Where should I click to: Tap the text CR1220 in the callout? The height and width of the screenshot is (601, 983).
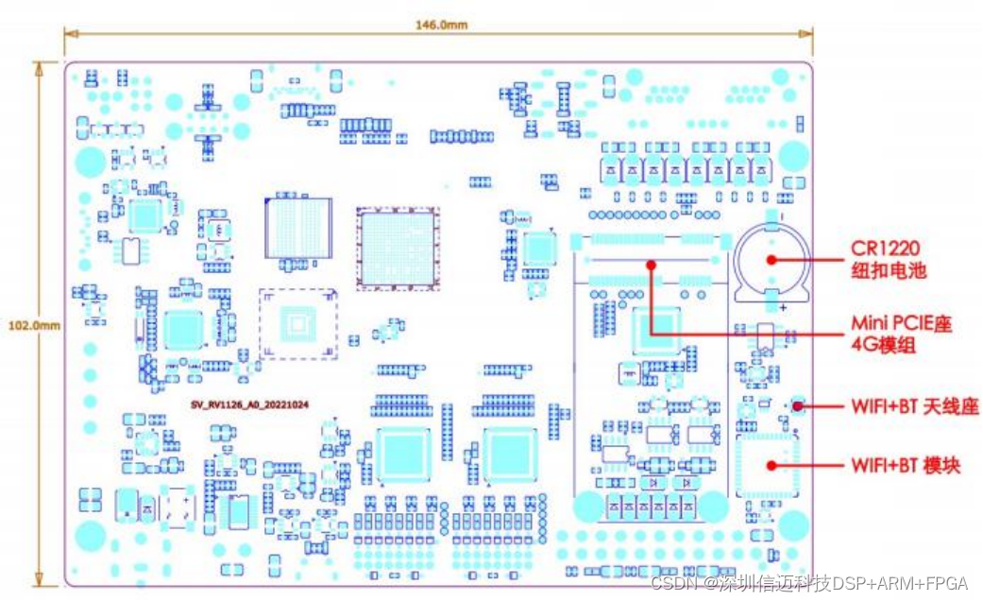(885, 249)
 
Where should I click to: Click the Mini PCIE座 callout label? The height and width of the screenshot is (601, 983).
(900, 324)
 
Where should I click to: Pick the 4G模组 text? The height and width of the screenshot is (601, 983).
(882, 346)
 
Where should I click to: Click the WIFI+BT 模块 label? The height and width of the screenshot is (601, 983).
(906, 465)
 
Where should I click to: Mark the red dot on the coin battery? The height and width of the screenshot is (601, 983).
(771, 259)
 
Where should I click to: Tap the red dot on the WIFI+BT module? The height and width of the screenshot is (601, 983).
(771, 465)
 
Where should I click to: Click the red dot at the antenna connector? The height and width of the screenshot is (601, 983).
(798, 407)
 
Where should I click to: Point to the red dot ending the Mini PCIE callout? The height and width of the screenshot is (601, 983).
(651, 266)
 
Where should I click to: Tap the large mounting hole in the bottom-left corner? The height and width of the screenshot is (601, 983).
(90, 534)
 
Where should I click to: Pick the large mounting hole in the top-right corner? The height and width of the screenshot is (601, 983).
(794, 154)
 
